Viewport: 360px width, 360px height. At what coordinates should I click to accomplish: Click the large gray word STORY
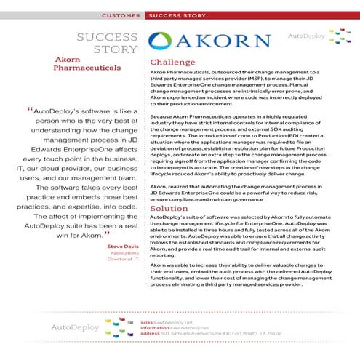coord(116,49)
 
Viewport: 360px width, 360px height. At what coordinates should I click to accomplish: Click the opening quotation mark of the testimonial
coord(31,111)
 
